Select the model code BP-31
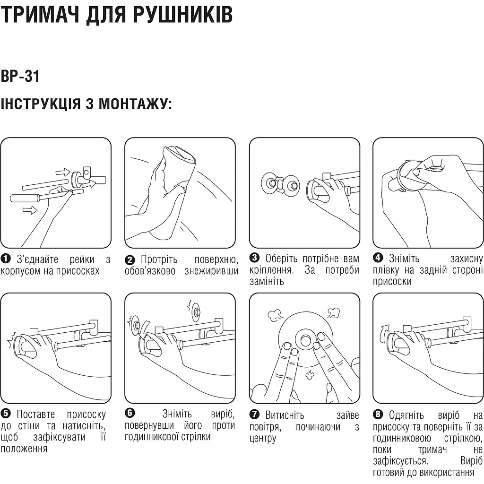pos(20,76)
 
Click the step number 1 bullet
pos(6,259)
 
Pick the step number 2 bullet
pos(130,259)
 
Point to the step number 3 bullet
pos(254,258)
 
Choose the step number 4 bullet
pos(378,258)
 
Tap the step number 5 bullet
pos(6,414)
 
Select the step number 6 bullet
pos(130,413)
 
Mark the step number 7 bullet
pos(254,415)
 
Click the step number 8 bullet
pos(378,415)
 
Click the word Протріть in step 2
pos(159,259)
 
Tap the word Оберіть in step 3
pos(282,258)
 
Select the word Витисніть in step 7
pos(285,415)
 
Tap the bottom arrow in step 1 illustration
pos(30,210)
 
